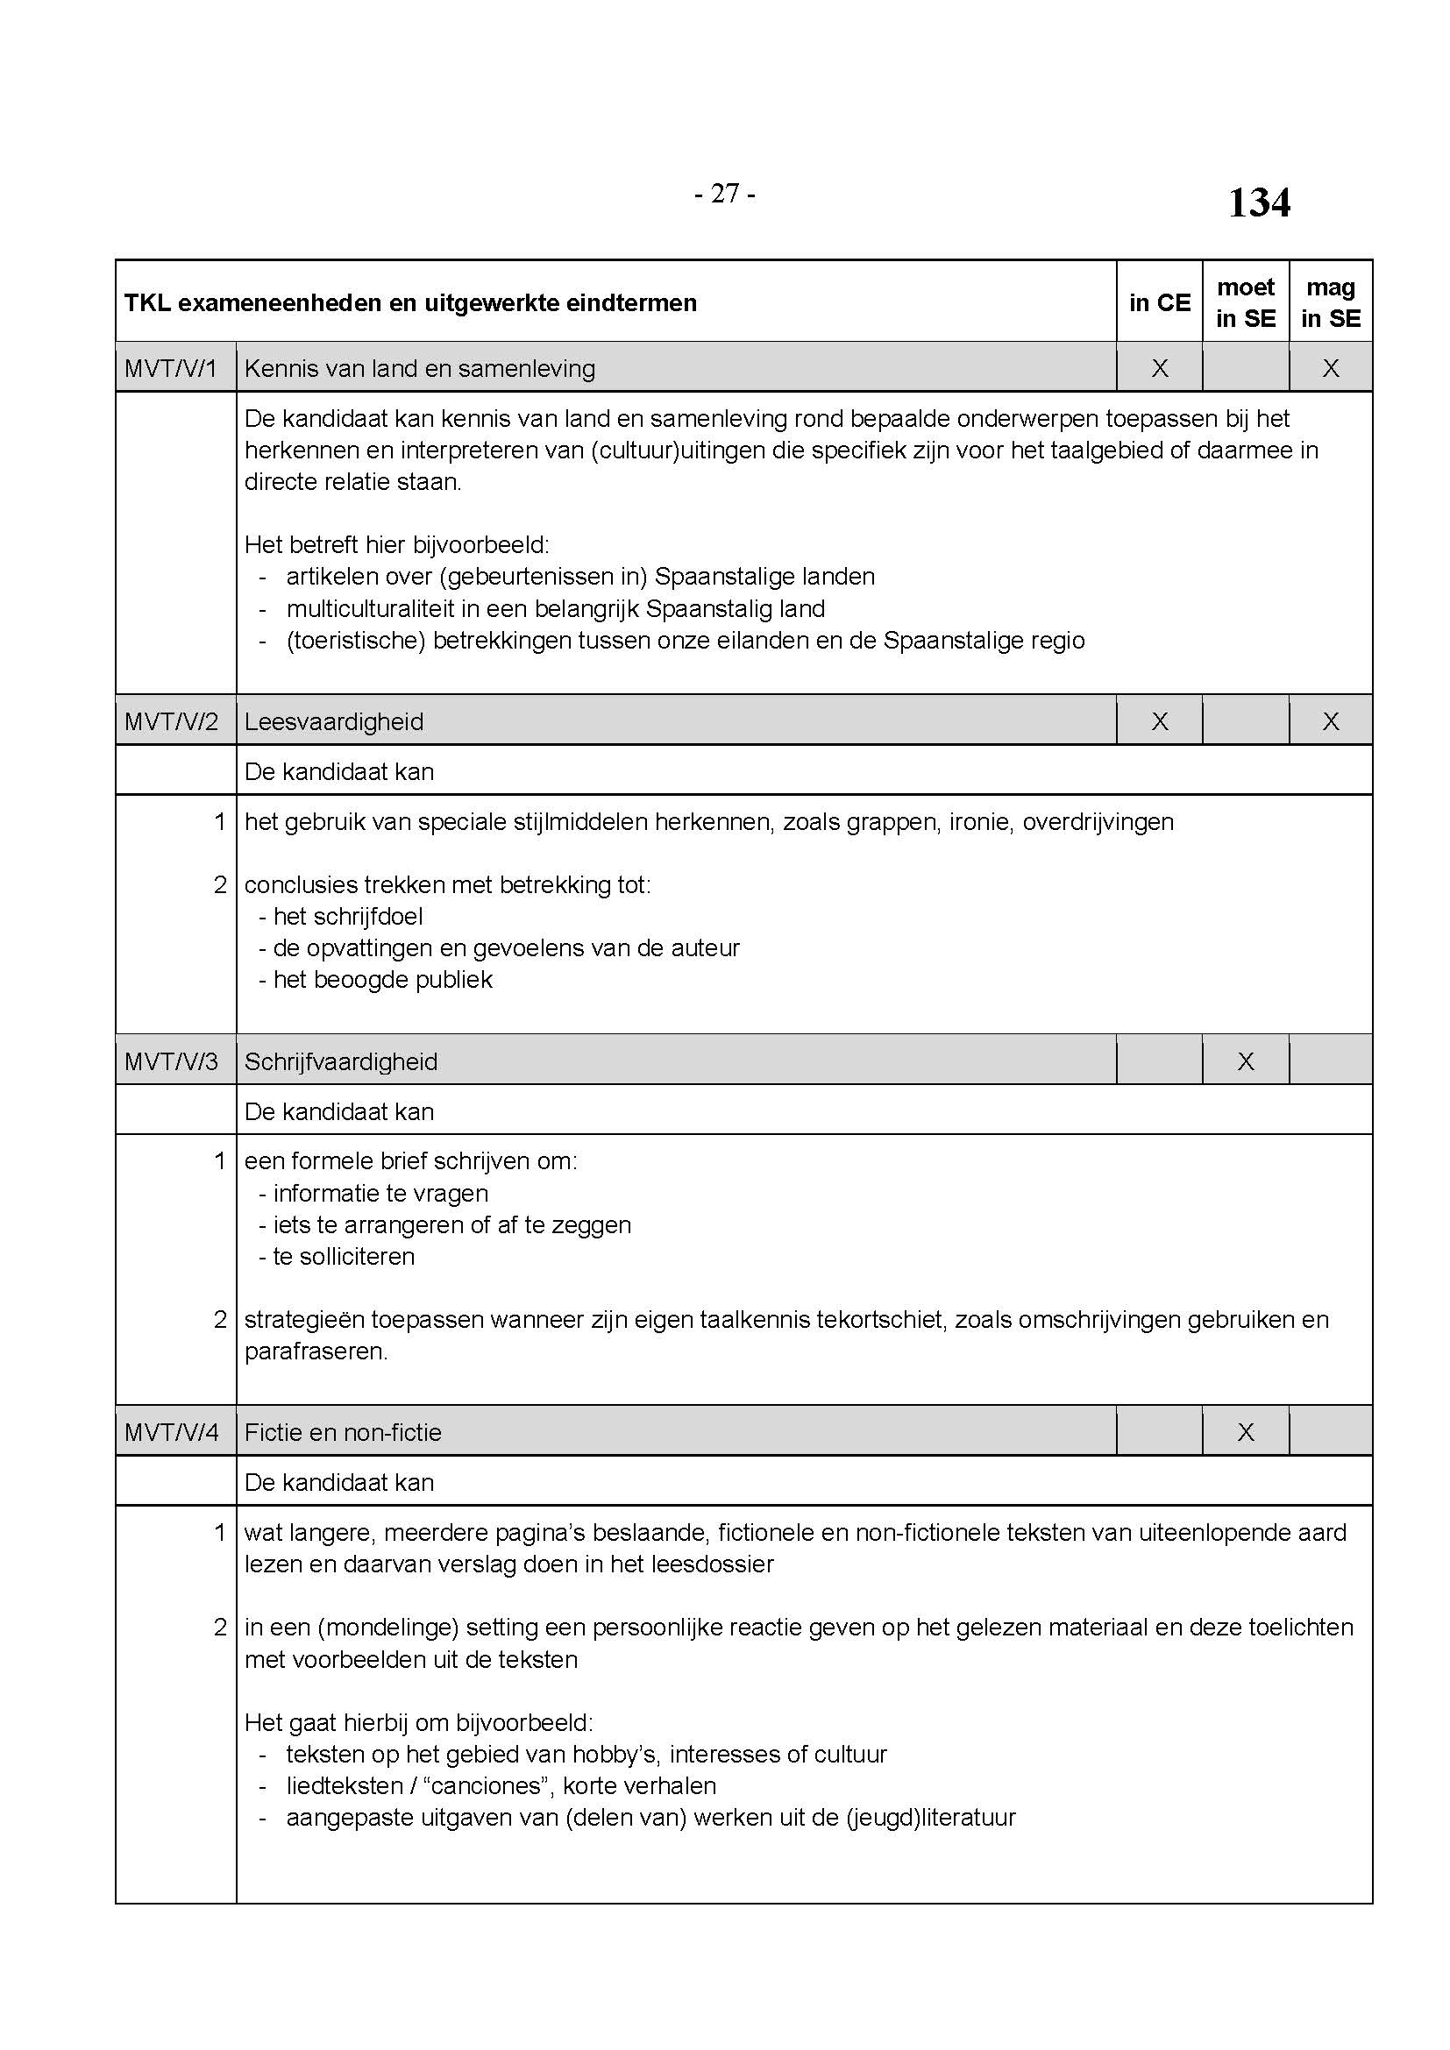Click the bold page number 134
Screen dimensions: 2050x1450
(x=1258, y=202)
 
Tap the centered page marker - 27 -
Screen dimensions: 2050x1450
(x=724, y=193)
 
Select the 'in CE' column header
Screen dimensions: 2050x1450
(x=1159, y=302)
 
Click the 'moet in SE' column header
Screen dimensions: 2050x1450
(x=1246, y=301)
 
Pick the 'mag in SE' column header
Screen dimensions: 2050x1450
(x=1331, y=301)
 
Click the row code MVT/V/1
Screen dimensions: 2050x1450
(x=172, y=368)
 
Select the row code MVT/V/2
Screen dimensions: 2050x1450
(x=172, y=721)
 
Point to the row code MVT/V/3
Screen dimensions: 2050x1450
(x=172, y=1061)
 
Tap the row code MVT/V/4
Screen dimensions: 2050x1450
(x=172, y=1432)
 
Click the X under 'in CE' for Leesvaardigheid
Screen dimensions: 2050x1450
(x=1159, y=721)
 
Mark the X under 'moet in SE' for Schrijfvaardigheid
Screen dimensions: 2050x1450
(x=1246, y=1061)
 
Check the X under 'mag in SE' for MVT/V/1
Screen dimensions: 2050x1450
(x=1331, y=368)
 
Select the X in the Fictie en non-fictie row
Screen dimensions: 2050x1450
(x=1246, y=1432)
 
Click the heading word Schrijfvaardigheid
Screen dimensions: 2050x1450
(x=341, y=1061)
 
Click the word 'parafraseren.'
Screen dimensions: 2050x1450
(x=316, y=1351)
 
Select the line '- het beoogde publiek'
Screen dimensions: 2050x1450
(x=375, y=980)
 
